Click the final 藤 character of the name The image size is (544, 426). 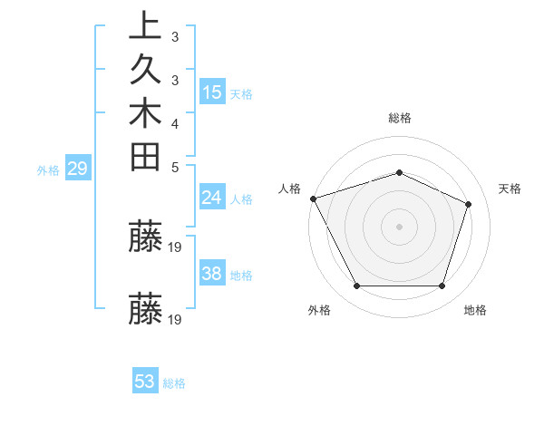[146, 308]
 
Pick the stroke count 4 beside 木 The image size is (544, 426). [174, 123]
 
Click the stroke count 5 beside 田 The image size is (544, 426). [174, 167]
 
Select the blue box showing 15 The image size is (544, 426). [212, 92]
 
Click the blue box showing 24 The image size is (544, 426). [212, 198]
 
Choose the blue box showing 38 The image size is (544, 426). [212, 274]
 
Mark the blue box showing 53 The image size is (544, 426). [145, 382]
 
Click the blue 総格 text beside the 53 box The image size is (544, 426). [175, 383]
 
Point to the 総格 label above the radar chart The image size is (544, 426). [400, 118]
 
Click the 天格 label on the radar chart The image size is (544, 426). [510, 189]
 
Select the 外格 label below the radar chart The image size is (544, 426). [319, 310]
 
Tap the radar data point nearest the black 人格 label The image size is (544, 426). [313, 198]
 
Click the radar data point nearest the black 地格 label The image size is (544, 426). [442, 286]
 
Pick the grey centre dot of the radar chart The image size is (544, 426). [400, 226]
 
